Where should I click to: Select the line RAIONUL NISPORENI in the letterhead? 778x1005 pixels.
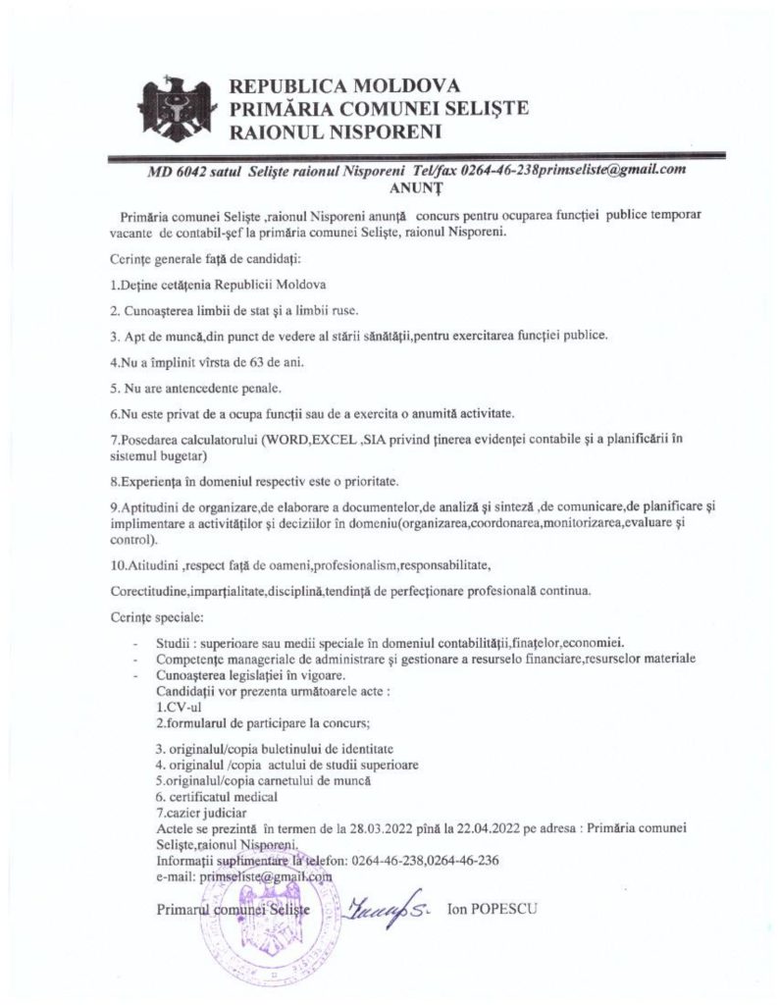(335, 129)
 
